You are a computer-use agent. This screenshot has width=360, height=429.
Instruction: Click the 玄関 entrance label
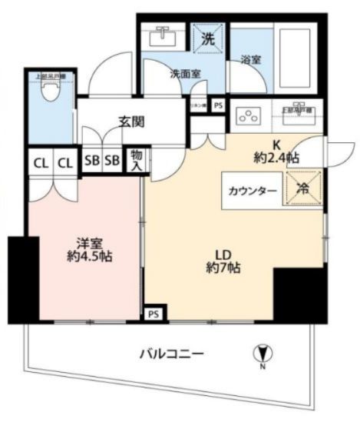tap(133, 121)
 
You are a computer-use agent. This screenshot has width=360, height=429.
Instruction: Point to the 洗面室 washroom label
tap(185, 75)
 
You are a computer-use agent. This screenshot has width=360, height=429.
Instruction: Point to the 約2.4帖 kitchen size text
tap(276, 158)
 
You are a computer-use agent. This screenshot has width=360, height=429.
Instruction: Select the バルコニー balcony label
tap(171, 354)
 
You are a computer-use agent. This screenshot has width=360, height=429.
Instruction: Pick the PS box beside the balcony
tap(153, 314)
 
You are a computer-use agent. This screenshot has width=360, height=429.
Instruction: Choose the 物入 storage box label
tap(136, 160)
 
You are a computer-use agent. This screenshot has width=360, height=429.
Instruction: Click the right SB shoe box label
tap(112, 161)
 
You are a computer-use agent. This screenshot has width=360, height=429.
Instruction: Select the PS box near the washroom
tap(218, 105)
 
